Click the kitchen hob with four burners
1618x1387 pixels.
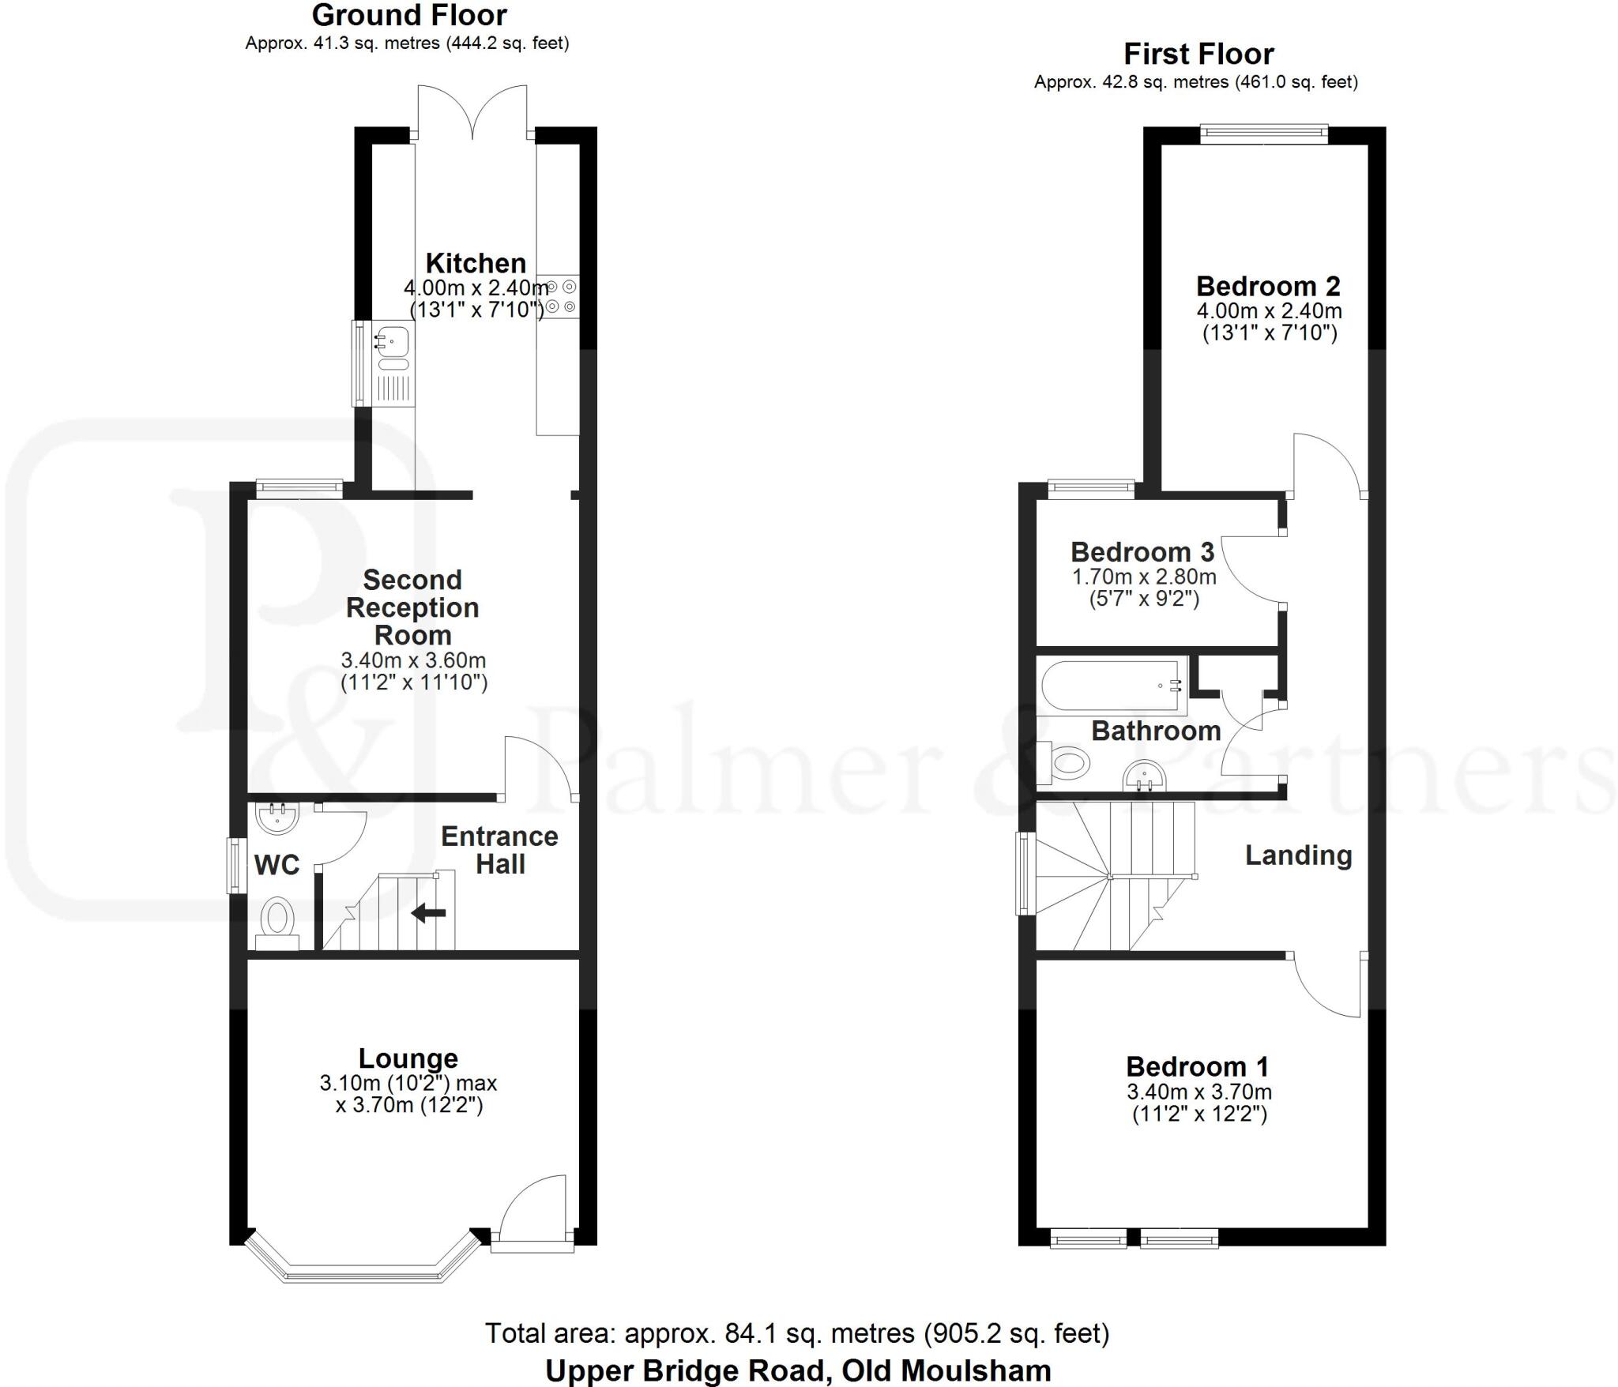561,297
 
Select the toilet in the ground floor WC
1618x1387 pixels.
277,921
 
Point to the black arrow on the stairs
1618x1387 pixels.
429,913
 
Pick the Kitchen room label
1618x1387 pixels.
476,263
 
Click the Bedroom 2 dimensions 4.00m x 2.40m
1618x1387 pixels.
1269,311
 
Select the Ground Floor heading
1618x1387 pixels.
409,15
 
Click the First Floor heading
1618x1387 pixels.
1198,55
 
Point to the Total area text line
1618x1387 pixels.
796,1333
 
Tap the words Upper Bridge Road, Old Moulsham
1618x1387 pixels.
798,1370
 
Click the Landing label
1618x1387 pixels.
1298,855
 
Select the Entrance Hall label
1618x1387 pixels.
499,850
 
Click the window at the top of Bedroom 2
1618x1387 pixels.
1263,134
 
